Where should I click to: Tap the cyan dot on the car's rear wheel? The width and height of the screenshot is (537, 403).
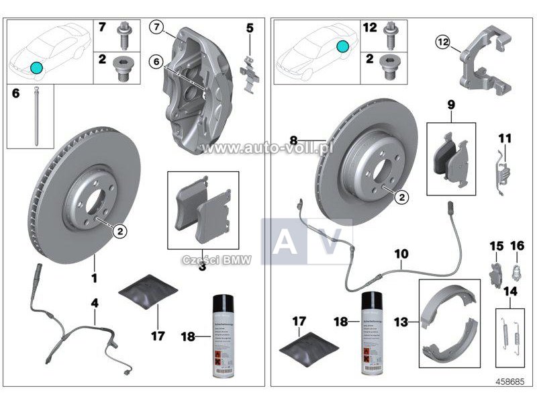click(342, 46)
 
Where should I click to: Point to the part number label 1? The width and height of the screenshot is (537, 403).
click(95, 277)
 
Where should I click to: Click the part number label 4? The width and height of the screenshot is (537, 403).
click(95, 303)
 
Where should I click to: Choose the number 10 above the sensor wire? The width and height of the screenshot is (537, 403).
click(401, 254)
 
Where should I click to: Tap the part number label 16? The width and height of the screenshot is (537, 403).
click(517, 245)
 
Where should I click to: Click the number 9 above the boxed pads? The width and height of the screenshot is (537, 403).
click(451, 105)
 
